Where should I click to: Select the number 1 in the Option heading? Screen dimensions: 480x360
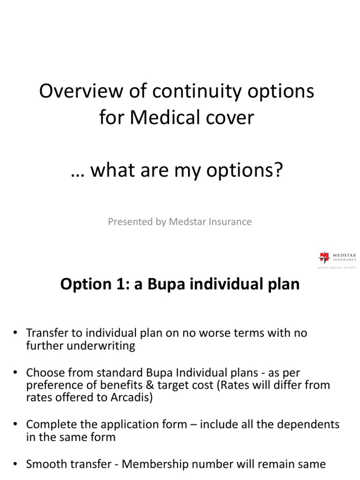tap(118, 285)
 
